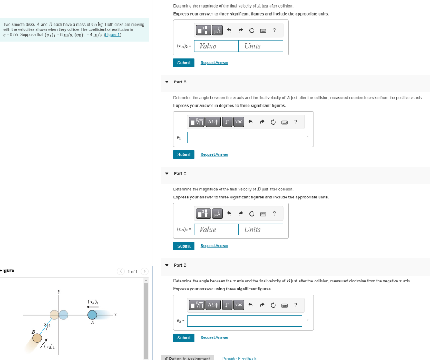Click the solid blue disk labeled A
(x=92, y=315)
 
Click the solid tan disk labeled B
(x=37, y=337)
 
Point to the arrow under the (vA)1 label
(x=92, y=307)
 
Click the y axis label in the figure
(x=59, y=292)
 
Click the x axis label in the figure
(x=115, y=314)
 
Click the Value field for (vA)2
(x=216, y=46)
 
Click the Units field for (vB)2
(x=261, y=229)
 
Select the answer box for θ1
(x=244, y=138)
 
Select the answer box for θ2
(x=244, y=321)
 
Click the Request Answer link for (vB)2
(x=214, y=246)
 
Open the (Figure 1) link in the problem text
(x=113, y=34)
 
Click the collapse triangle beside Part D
(x=167, y=265)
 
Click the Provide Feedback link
(x=239, y=358)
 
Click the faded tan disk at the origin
(x=54, y=315)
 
